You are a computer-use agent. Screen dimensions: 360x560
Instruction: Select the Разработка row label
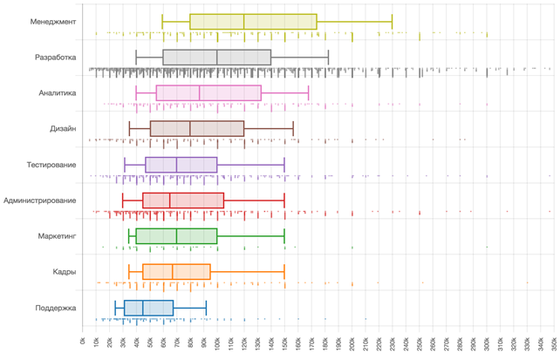pyautogui.click(x=55, y=58)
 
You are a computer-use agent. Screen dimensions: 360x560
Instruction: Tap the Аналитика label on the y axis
pyautogui.click(x=58, y=92)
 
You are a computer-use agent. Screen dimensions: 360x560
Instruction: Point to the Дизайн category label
pyautogui.click(x=63, y=128)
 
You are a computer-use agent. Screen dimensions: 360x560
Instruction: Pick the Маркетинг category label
pyautogui.click(x=58, y=236)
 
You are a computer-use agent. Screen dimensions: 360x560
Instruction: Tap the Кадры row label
pyautogui.click(x=64, y=272)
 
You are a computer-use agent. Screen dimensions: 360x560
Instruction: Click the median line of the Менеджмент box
pyautogui.click(x=244, y=22)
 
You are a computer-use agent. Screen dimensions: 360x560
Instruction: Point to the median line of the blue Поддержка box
pyautogui.click(x=143, y=308)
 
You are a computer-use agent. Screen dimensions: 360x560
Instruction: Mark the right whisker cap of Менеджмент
pyautogui.click(x=393, y=22)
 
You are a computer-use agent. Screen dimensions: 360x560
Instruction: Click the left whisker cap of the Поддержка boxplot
pyautogui.click(x=115, y=308)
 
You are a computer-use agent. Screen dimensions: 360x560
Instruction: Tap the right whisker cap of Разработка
pyautogui.click(x=328, y=58)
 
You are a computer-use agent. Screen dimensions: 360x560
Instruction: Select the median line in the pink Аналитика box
pyautogui.click(x=200, y=92)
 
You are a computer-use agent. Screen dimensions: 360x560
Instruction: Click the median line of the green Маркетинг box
pyautogui.click(x=177, y=236)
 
